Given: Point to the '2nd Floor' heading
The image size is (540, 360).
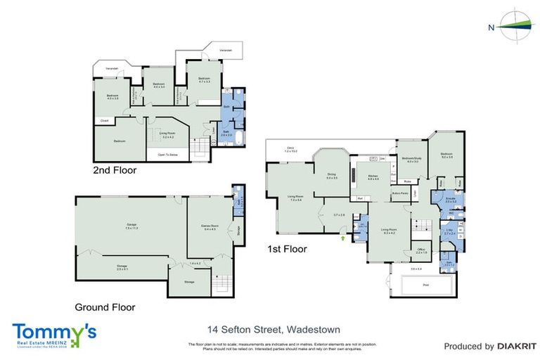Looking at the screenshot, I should pos(115,170).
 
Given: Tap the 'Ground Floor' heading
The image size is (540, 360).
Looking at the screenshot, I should pos(105,307).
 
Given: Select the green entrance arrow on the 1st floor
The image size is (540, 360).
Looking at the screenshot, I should pos(342,238).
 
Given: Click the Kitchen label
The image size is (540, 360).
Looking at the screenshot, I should pos(373,176).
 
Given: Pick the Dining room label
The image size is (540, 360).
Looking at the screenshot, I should pos(332,176).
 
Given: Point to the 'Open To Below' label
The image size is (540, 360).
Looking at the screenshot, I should pos(166,154).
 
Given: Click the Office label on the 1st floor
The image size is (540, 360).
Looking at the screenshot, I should pos(421,250).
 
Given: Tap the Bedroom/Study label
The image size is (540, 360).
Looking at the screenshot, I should pos(411,160).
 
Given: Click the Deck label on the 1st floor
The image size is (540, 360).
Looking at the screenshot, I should pos(291,150).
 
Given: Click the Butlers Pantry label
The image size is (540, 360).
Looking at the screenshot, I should pos(401,192).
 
